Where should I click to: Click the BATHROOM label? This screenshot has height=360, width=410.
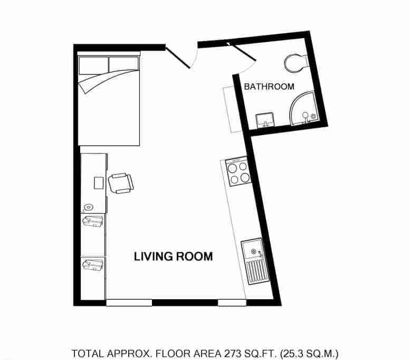point(269,86)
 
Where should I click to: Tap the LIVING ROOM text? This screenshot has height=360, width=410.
point(173,257)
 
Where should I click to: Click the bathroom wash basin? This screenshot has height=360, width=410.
point(264,120)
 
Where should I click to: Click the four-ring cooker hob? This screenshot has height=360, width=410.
point(238,172)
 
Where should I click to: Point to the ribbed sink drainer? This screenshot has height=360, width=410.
point(257,272)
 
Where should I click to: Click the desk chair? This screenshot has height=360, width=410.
point(121,183)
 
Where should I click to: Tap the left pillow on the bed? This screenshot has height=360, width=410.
point(93,64)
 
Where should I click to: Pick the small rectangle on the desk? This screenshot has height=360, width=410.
point(98,183)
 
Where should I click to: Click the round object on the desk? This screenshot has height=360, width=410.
point(89,207)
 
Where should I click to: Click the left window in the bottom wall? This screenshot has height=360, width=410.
point(129,302)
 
